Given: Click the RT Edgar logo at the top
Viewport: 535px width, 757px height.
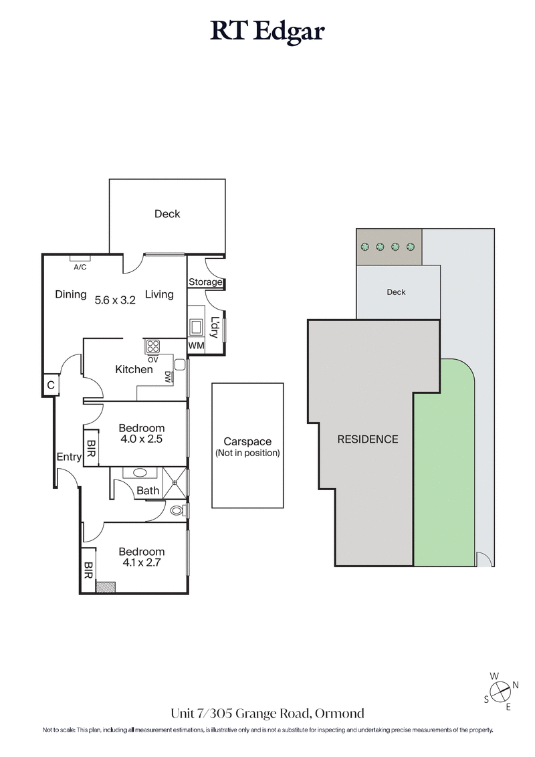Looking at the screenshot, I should [x=267, y=32].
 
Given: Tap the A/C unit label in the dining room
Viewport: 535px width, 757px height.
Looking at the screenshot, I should [x=80, y=266].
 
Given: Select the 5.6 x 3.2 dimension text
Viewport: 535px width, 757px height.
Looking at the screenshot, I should [x=115, y=300].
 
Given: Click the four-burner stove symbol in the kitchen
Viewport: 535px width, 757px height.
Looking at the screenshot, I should [x=153, y=346].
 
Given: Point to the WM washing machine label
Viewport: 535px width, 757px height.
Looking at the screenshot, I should [x=196, y=346].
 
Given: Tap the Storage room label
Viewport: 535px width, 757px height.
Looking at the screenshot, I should [x=205, y=282].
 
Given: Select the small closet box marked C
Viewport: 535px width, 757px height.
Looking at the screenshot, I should [x=50, y=385].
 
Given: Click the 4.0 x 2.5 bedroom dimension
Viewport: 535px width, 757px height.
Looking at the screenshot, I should [x=141, y=439].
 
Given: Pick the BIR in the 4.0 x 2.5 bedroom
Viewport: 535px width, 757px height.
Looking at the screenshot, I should [x=91, y=447].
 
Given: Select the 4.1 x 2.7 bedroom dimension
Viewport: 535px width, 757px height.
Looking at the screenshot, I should [x=141, y=562].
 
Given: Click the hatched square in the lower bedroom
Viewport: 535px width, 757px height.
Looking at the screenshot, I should [x=105, y=587].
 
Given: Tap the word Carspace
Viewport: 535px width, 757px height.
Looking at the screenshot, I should [x=247, y=442].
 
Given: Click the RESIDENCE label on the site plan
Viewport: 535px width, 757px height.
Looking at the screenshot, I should [x=367, y=439].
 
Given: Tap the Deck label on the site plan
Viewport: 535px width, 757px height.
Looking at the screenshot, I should [x=396, y=292].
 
